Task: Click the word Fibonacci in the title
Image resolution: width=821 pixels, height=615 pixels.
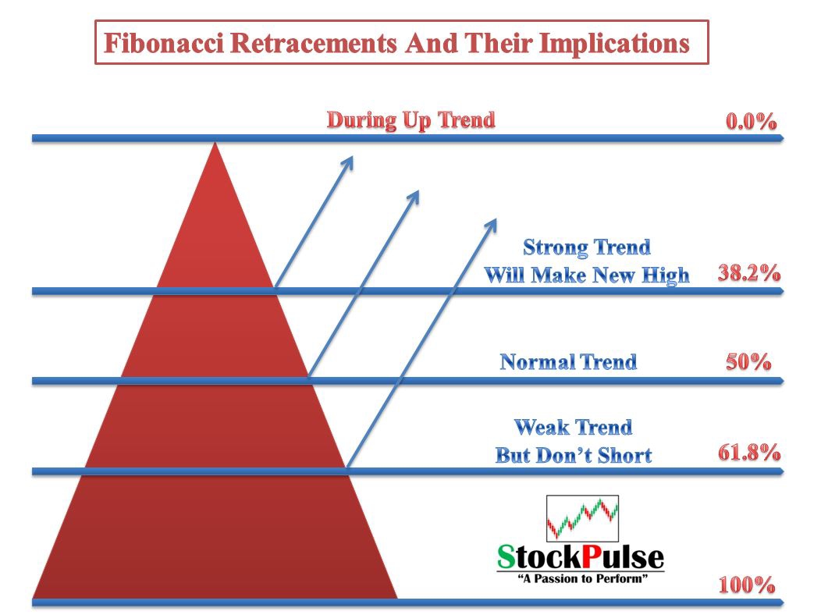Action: pyautogui.click(x=165, y=43)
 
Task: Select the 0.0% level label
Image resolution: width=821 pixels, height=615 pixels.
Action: pyautogui.click(x=751, y=122)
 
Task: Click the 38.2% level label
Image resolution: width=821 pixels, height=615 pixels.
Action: pyautogui.click(x=748, y=272)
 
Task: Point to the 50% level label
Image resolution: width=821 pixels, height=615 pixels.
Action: pyautogui.click(x=748, y=361)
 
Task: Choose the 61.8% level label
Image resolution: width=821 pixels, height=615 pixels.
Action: pyautogui.click(x=748, y=452)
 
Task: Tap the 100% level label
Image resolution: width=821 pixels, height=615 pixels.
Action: pyautogui.click(x=747, y=585)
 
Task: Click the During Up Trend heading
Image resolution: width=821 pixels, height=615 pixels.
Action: pyautogui.click(x=411, y=120)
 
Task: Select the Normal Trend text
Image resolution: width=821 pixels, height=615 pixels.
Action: pyautogui.click(x=568, y=361)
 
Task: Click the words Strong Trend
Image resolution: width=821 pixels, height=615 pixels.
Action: pyautogui.click(x=586, y=247)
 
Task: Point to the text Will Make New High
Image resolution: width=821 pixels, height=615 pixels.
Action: pyautogui.click(x=586, y=276)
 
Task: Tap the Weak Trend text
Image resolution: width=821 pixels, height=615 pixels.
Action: pyautogui.click(x=574, y=427)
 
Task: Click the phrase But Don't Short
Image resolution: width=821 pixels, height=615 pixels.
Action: pyautogui.click(x=574, y=455)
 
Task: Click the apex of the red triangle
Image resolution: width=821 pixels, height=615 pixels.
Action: pyautogui.click(x=215, y=143)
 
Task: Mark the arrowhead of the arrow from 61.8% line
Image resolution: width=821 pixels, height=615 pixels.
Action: pyautogui.click(x=492, y=224)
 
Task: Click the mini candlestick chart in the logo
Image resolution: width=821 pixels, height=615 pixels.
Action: pyautogui.click(x=582, y=518)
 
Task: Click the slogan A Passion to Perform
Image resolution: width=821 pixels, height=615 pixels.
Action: pyautogui.click(x=582, y=578)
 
